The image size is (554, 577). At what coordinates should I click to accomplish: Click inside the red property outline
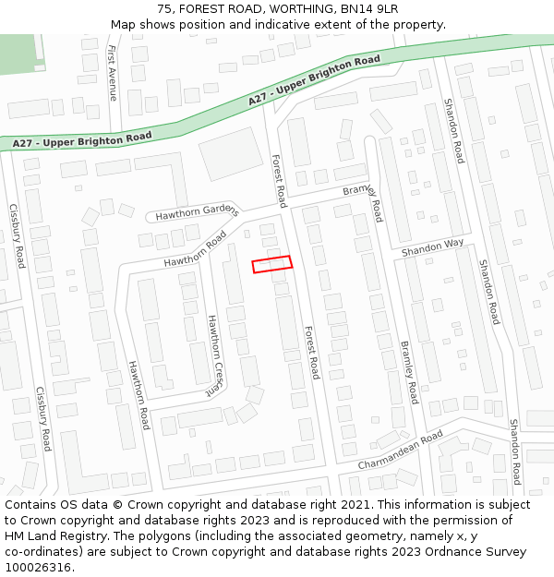click(x=272, y=264)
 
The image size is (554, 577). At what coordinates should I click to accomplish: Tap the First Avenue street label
click(x=113, y=71)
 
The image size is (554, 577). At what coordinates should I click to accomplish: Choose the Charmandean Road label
click(x=401, y=451)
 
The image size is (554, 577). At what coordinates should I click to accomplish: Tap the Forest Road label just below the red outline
click(x=311, y=352)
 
